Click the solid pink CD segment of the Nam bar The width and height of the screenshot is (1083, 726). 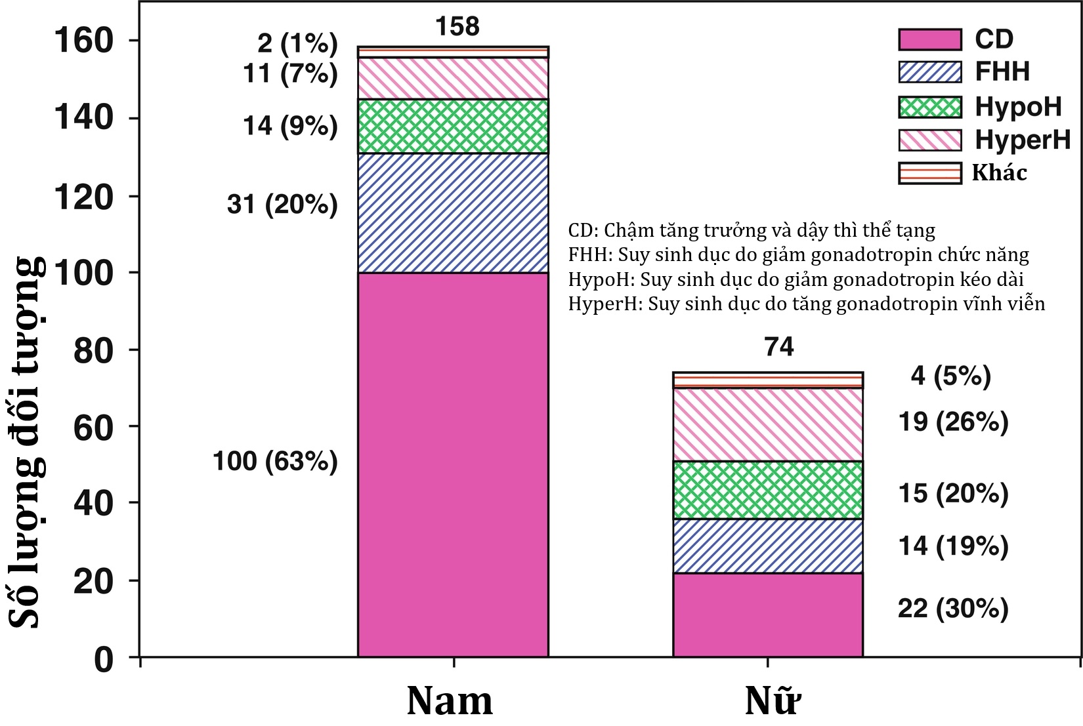coord(453,464)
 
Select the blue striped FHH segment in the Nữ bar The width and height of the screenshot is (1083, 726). coord(768,546)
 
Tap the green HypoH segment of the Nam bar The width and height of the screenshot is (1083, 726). coord(453,126)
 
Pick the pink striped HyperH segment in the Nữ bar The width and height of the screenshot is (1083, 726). coord(768,424)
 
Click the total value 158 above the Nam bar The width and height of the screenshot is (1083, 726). coord(457,26)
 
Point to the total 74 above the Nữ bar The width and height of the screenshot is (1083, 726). coord(779,346)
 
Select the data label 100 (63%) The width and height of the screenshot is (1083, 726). coord(275,461)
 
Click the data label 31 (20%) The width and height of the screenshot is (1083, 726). coord(282,205)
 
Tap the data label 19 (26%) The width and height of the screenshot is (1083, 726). coord(953,422)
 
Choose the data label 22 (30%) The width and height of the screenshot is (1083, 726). coord(953,609)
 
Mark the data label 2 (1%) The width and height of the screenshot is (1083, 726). coord(297,43)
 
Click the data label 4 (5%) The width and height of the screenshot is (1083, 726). coord(950,376)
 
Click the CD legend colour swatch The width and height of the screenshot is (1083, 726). coord(929,39)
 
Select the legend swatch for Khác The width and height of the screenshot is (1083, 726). coord(929,173)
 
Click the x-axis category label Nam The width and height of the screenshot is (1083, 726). coord(450,700)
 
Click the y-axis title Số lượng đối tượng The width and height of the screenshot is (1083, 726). coord(28,443)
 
